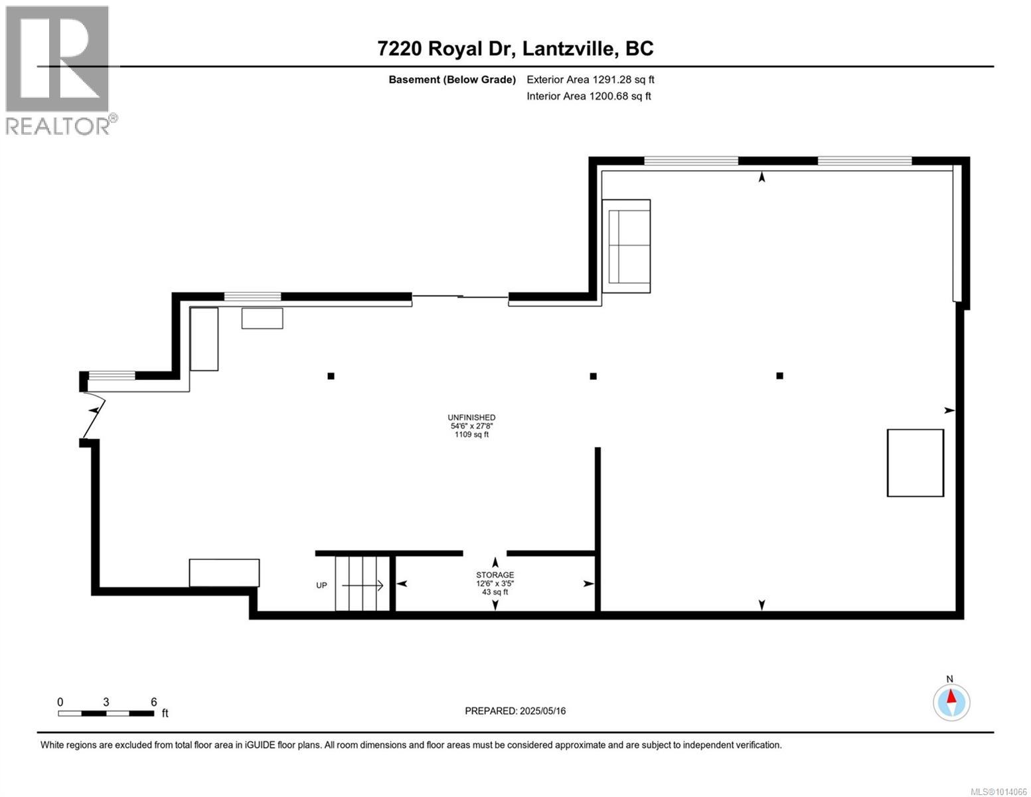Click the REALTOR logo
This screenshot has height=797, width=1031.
pos(60,70)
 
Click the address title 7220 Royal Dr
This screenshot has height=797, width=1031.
pos(446,48)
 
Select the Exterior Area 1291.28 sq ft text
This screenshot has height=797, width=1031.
pos(590,79)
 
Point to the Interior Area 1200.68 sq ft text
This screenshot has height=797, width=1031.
pos(588,96)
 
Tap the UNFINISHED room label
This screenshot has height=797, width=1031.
pos(471,417)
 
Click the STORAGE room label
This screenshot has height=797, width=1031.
pos(495,575)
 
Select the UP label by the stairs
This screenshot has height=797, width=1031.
pos(321,585)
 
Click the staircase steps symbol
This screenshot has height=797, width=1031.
pos(362,583)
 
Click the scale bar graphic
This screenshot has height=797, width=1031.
pos(106,713)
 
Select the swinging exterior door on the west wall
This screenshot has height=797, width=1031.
pos(94,414)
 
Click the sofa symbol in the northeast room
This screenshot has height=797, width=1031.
pos(626,246)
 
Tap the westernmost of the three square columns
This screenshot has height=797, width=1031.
pos(331,376)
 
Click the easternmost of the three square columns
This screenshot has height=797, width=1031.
pos(779,375)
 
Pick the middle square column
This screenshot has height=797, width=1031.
pos(593,376)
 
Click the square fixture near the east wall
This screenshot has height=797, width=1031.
pos(915,463)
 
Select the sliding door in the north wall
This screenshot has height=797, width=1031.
pos(460,297)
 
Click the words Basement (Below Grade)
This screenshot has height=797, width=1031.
pos(452,80)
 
